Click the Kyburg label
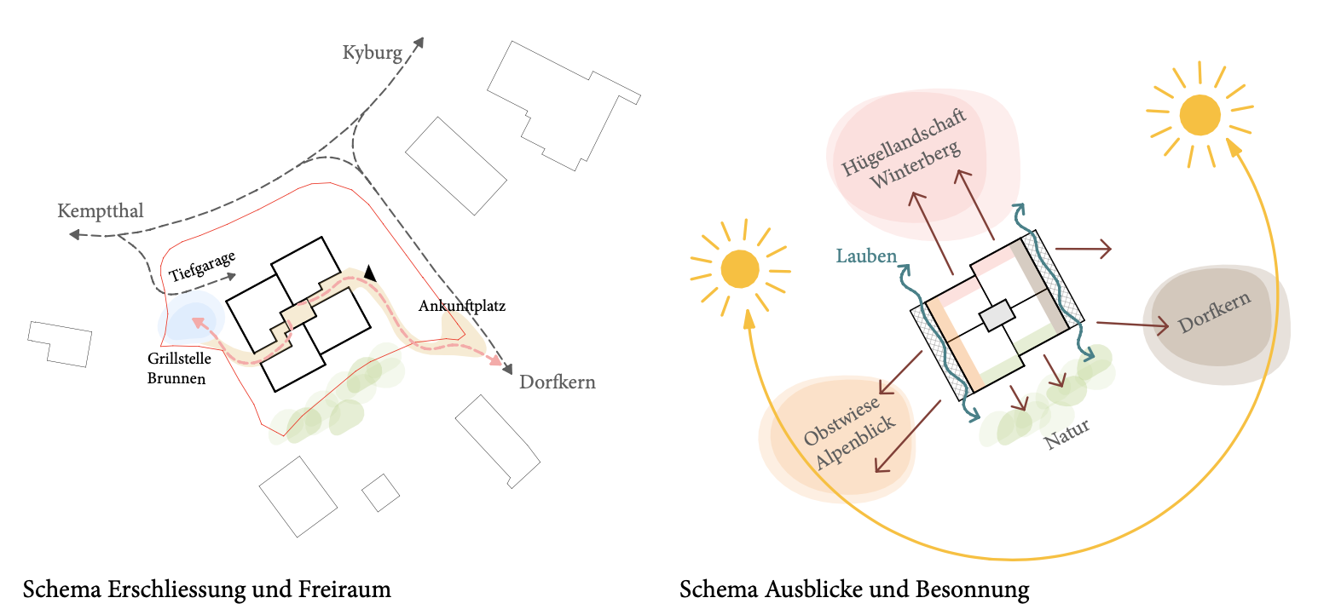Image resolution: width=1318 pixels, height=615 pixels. [x=372, y=54]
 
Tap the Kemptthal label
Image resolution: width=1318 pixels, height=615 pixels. [x=101, y=211]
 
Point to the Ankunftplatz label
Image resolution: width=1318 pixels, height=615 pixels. [x=462, y=306]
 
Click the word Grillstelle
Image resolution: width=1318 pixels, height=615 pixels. [x=179, y=359]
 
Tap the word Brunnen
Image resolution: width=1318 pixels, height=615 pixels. [x=176, y=379]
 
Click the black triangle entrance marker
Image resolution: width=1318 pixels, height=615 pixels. [x=370, y=273]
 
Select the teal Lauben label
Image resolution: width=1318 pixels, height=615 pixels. [x=866, y=256]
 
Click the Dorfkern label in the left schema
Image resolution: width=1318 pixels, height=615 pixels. [x=558, y=382]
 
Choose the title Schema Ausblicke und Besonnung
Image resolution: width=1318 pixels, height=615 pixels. [x=854, y=589]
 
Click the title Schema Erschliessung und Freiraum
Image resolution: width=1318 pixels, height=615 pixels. [x=207, y=589]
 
